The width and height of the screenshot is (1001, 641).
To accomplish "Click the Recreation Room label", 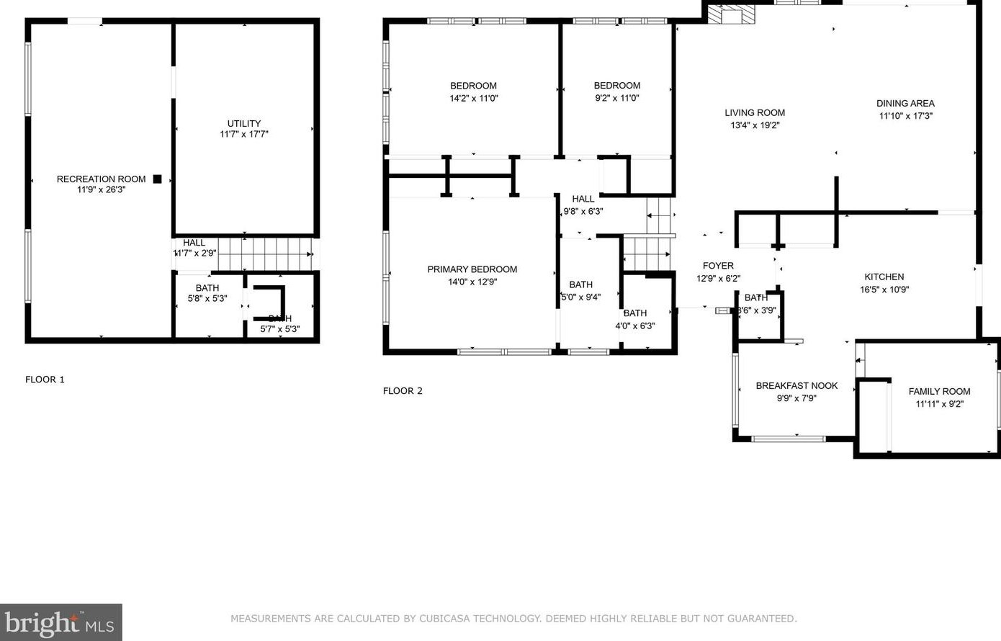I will click(x=101, y=179).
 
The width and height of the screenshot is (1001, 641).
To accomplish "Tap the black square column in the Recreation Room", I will click(x=157, y=179).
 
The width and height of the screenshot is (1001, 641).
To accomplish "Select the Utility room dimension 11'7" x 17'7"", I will click(x=244, y=134).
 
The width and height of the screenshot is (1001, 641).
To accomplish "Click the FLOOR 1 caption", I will click(x=45, y=380).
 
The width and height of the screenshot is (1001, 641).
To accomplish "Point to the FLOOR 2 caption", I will click(x=403, y=391).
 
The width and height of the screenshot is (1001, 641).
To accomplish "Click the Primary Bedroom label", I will click(x=472, y=269).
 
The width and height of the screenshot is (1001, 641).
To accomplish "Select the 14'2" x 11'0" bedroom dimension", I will click(x=473, y=98).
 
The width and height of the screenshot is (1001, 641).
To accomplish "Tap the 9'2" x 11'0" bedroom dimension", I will click(x=617, y=98).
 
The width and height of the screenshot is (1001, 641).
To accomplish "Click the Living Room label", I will click(x=755, y=112).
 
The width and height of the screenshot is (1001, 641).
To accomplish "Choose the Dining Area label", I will click(x=905, y=103).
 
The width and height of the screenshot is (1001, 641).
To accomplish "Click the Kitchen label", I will click(x=884, y=277).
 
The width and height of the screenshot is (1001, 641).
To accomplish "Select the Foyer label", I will click(x=718, y=266).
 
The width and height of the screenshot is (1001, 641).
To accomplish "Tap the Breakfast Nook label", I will click(x=796, y=386).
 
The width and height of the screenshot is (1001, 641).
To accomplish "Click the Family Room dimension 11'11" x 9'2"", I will click(x=939, y=404).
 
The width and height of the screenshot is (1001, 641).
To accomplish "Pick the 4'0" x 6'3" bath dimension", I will click(x=635, y=326).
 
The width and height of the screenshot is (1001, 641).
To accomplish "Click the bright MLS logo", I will click(x=60, y=622).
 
